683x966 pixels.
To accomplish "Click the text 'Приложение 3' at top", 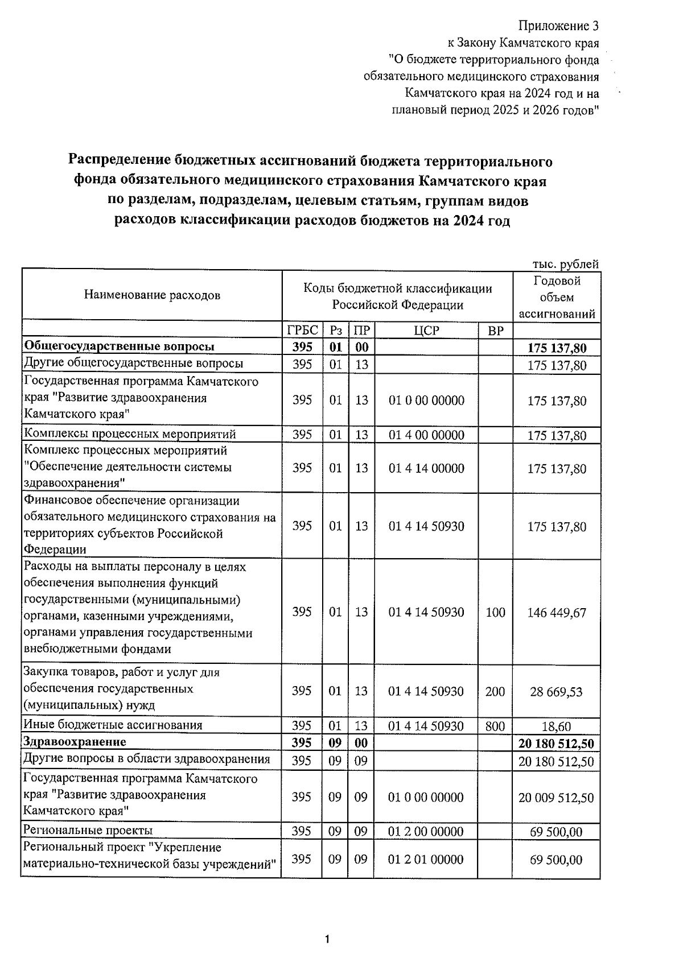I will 558,26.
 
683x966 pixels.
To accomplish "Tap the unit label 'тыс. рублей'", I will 565,264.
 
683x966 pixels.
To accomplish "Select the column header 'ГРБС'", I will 302,331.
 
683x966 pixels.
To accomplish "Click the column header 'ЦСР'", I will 426,331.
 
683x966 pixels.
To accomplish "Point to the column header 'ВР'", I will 496,331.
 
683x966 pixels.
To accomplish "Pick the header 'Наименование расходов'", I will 152,295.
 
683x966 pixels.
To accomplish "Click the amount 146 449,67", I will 557,613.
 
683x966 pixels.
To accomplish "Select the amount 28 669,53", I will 557,692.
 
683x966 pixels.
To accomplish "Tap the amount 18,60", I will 557,726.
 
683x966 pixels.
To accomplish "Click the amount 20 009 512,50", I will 556,798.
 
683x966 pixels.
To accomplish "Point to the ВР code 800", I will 495,726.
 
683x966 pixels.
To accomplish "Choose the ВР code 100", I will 495,612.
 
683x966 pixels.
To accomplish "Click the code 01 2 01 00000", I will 426,859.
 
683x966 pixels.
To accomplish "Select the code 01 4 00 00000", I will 426,435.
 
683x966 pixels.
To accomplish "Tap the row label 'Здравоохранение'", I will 74,742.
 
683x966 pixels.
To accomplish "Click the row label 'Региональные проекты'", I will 88,831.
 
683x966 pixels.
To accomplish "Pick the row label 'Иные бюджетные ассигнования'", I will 113,725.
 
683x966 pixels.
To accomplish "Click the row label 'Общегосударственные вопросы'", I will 119,346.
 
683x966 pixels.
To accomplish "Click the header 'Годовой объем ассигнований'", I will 557,297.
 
